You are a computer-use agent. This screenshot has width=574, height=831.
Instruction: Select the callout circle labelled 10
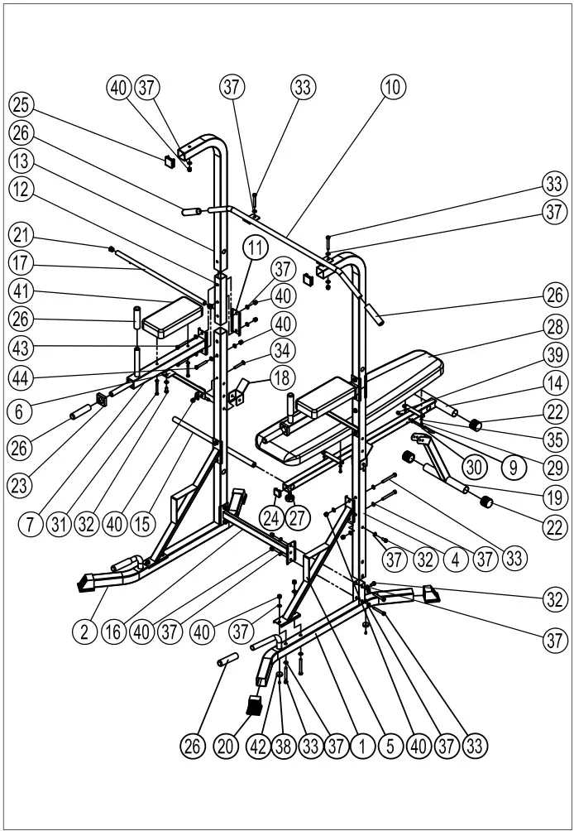coord(391,85)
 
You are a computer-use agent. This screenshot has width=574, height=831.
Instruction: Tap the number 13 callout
coord(21,159)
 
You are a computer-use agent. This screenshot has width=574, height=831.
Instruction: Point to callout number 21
coord(21,238)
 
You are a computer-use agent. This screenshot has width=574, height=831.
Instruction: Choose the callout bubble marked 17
coord(21,265)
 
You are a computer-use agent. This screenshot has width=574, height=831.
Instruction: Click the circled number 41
coord(21,291)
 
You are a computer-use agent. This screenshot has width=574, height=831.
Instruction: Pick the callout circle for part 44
coord(21,377)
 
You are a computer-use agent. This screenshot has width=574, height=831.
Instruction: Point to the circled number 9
coord(513,468)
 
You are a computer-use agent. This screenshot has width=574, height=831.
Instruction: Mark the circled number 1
coord(361,745)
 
